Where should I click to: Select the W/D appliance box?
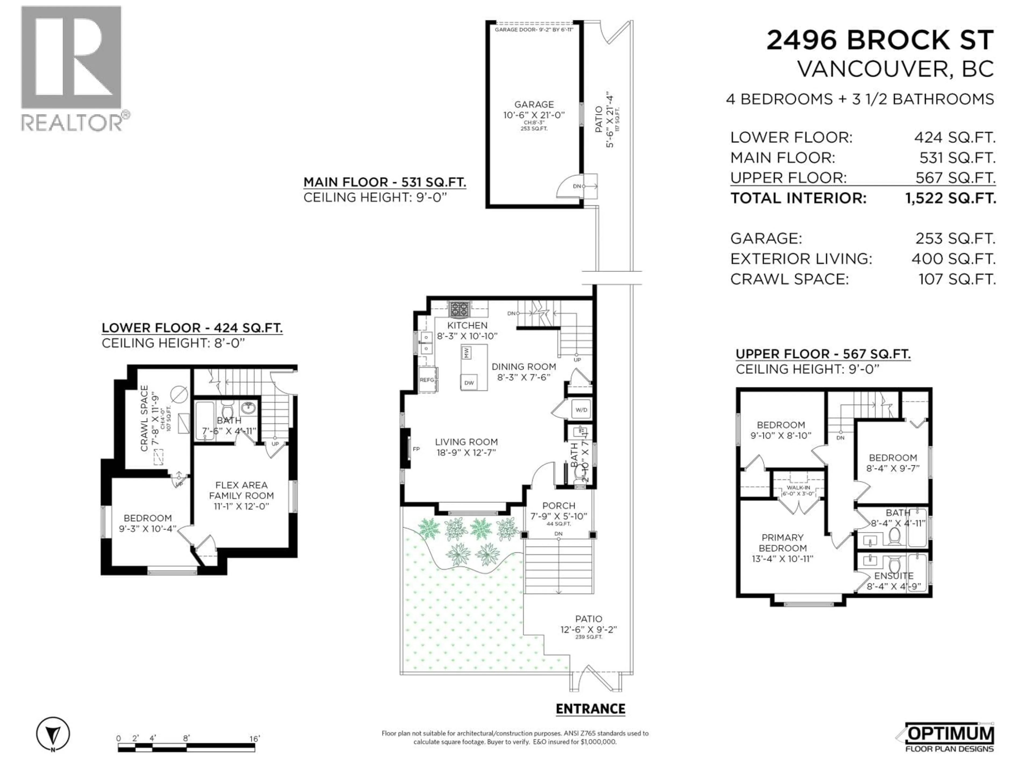pyautogui.click(x=581, y=410)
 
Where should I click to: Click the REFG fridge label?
pyautogui.click(x=427, y=380)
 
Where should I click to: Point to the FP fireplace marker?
pyautogui.click(x=416, y=449)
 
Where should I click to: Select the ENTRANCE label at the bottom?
pyautogui.click(x=590, y=709)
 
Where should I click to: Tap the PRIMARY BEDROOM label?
pyautogui.click(x=783, y=543)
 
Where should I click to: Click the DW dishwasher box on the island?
pyautogui.click(x=469, y=383)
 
